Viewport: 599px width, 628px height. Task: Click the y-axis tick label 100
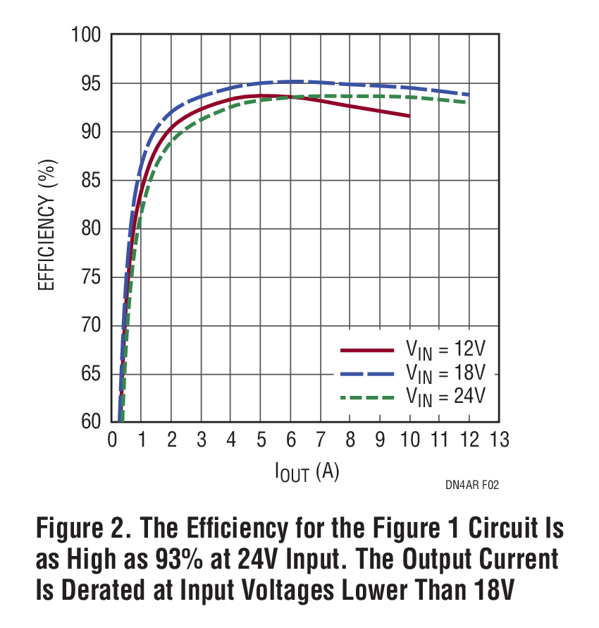87,35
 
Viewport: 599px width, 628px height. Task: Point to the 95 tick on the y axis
92,83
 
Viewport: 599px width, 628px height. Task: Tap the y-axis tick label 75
92,277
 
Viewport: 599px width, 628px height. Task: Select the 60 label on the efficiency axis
92,422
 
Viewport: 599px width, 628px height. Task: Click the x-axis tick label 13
499,440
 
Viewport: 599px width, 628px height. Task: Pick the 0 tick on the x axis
112,440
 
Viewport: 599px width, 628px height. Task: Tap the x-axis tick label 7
320,440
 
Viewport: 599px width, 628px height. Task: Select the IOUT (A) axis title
307,472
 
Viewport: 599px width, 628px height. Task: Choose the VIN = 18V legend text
445,373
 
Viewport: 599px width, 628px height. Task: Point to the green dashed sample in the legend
366,397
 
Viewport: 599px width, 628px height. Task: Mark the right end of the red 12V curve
409,116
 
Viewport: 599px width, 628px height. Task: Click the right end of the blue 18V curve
469,95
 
